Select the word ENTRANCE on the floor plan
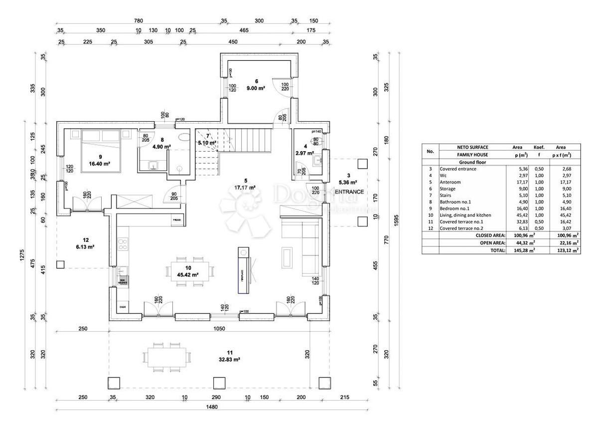click(x=348, y=192)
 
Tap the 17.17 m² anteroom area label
click(x=245, y=188)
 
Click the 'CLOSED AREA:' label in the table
click(x=490, y=234)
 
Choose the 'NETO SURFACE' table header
click(x=472, y=147)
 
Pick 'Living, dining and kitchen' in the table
click(x=464, y=214)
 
